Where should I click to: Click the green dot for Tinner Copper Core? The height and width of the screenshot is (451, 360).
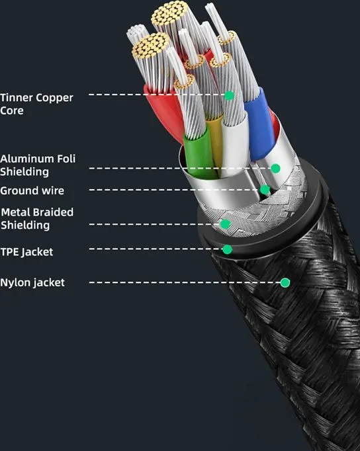tap(229, 95)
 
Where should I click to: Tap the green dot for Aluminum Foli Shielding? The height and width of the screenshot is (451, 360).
tap(275, 168)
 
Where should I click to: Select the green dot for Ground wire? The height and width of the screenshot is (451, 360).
tap(265, 190)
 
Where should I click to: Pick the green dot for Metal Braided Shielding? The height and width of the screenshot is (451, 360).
tap(226, 224)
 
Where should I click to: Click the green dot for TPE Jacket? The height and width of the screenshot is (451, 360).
tap(228, 249)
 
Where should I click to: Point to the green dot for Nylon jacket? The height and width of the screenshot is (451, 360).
tap(285, 282)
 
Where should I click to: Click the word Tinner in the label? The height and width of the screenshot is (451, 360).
tap(17, 97)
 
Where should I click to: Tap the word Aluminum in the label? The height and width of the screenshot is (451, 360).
tap(23, 159)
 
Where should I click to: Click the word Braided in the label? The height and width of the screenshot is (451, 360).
tap(55, 212)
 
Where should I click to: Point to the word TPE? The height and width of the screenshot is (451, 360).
tap(10, 252)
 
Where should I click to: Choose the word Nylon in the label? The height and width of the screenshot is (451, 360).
tap(15, 282)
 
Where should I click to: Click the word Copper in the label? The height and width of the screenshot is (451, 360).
tap(55, 98)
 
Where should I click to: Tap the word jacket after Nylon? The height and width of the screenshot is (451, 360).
tap(48, 283)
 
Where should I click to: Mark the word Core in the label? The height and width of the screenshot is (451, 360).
tap(12, 110)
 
